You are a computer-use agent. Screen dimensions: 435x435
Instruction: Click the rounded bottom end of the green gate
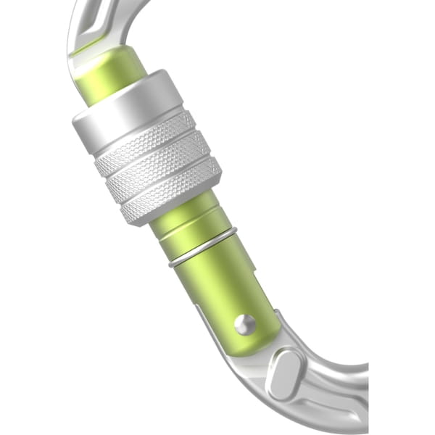click(250, 344)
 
